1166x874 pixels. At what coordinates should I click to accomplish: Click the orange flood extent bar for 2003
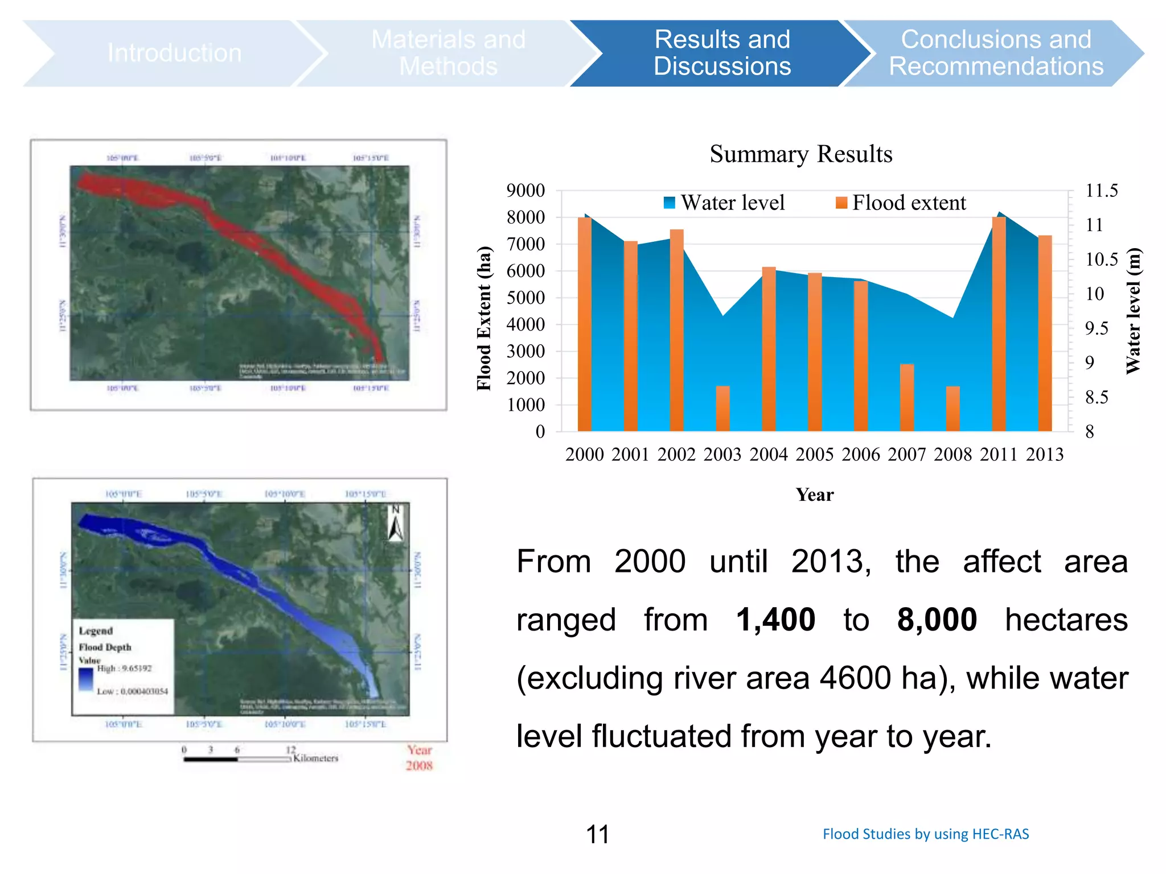pyautogui.click(x=722, y=409)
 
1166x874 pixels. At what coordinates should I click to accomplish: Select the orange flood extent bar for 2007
pyautogui.click(x=906, y=397)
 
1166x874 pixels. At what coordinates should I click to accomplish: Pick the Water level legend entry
pyautogui.click(x=724, y=203)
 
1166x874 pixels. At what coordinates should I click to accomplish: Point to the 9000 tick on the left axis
pyautogui.click(x=525, y=191)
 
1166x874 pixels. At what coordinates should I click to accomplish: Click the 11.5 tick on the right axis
pyautogui.click(x=1101, y=191)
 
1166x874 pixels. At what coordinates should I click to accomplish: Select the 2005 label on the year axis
pyautogui.click(x=814, y=454)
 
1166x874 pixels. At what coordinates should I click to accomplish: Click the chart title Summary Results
pyautogui.click(x=800, y=154)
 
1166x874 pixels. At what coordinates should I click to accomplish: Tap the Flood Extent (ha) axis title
pyautogui.click(x=483, y=318)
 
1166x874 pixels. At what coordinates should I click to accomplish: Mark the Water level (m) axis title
pyautogui.click(x=1133, y=311)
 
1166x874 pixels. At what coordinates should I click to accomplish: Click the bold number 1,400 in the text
pyautogui.click(x=775, y=620)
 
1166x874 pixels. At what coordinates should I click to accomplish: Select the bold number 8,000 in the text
pyautogui.click(x=937, y=620)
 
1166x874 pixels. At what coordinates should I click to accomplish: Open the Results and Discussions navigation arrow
pyautogui.click(x=721, y=53)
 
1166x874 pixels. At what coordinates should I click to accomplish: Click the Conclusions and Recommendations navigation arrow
pyautogui.click(x=995, y=53)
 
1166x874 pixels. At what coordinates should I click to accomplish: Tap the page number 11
pyautogui.click(x=597, y=834)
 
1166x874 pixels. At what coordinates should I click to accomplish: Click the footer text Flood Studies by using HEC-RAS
pyautogui.click(x=925, y=834)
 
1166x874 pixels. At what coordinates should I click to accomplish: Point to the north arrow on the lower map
pyautogui.click(x=396, y=523)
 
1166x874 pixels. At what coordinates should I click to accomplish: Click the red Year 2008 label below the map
pyautogui.click(x=420, y=758)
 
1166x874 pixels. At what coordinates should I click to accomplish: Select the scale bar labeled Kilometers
pyautogui.click(x=237, y=758)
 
